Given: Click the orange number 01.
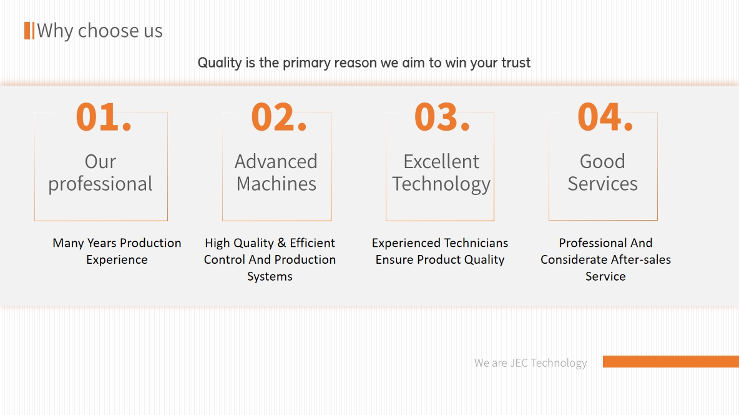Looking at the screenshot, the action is [103, 117].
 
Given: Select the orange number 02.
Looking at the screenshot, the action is [279, 117].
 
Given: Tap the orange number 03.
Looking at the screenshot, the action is [442, 117].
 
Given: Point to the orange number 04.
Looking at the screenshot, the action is [605, 117].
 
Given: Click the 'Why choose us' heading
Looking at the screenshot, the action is [99, 31].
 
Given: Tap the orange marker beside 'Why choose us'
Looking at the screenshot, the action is [29, 31].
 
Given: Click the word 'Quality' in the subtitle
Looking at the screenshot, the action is [220, 62].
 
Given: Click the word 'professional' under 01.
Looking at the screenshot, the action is [100, 184].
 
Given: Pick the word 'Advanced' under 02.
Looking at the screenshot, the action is [276, 161].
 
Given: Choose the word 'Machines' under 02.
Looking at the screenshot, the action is [276, 184].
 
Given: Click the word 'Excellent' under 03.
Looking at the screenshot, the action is [441, 161].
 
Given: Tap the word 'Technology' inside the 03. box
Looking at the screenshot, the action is [441, 184].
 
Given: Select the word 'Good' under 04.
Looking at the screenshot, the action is [602, 161].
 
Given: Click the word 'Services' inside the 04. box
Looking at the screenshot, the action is [602, 184].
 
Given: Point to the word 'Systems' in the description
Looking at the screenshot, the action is [270, 277].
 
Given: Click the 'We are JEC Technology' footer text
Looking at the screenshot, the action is [531, 363].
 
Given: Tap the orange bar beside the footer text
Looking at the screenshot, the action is [671, 362].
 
